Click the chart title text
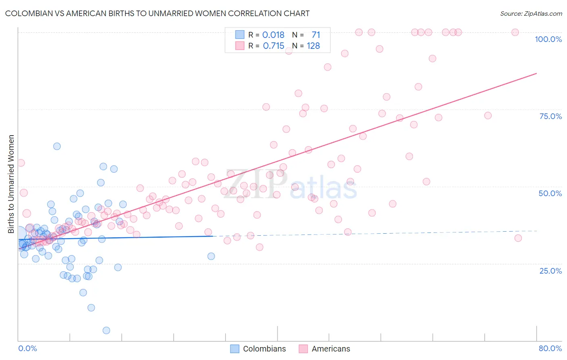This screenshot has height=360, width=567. pyautogui.click(x=157, y=13)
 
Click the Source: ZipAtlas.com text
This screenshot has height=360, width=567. pyautogui.click(x=531, y=14)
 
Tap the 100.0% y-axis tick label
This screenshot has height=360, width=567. pyautogui.click(x=548, y=39)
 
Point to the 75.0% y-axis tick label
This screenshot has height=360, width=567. pyautogui.click(x=550, y=116)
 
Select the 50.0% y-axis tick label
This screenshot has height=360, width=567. pyautogui.click(x=550, y=193)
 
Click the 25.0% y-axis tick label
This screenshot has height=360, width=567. pyautogui.click(x=550, y=271)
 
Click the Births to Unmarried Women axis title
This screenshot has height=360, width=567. pyautogui.click(x=11, y=184)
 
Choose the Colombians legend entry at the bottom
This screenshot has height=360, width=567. pyautogui.click(x=258, y=349)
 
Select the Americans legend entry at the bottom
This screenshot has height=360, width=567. pyautogui.click(x=325, y=349)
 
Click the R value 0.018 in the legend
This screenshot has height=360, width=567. pyautogui.click(x=273, y=35)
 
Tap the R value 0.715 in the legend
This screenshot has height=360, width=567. pyautogui.click(x=273, y=46)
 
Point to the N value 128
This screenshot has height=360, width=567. pyautogui.click(x=313, y=46)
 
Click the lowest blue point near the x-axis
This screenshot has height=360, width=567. pyautogui.click(x=106, y=331)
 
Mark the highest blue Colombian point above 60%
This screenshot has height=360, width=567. pyautogui.click(x=57, y=146)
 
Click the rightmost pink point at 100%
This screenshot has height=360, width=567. pyautogui.click(x=515, y=32)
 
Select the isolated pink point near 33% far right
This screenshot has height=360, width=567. pyautogui.click(x=518, y=238)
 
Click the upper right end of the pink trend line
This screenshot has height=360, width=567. pyautogui.click(x=536, y=73)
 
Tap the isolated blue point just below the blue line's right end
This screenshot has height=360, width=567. pyautogui.click(x=211, y=256)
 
